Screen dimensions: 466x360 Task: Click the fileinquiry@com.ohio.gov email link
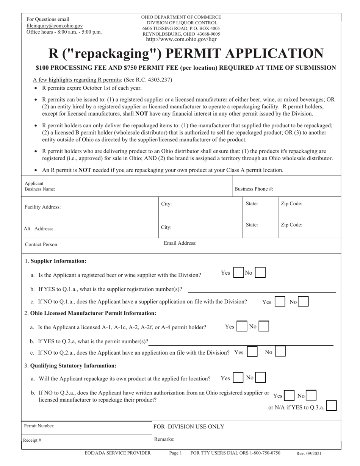(x=55, y=26)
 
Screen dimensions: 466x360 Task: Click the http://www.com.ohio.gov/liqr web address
(x=181, y=39)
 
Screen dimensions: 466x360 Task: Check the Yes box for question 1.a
(x=238, y=273)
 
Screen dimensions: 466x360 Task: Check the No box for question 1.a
(x=260, y=273)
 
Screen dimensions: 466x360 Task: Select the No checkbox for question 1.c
(x=303, y=302)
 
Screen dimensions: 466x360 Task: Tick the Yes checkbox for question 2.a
(x=242, y=327)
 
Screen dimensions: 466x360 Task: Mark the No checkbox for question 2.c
(x=280, y=352)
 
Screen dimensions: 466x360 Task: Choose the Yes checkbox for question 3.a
(x=238, y=378)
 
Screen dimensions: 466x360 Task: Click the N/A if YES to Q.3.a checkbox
(x=331, y=406)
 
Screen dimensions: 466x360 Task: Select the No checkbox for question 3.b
(x=311, y=396)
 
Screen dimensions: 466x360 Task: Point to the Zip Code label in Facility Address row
(x=291, y=204)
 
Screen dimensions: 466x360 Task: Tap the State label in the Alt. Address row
(x=252, y=225)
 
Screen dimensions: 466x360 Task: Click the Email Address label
(x=180, y=243)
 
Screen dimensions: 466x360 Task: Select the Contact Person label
(x=42, y=245)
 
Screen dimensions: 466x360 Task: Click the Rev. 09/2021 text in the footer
(x=309, y=453)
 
